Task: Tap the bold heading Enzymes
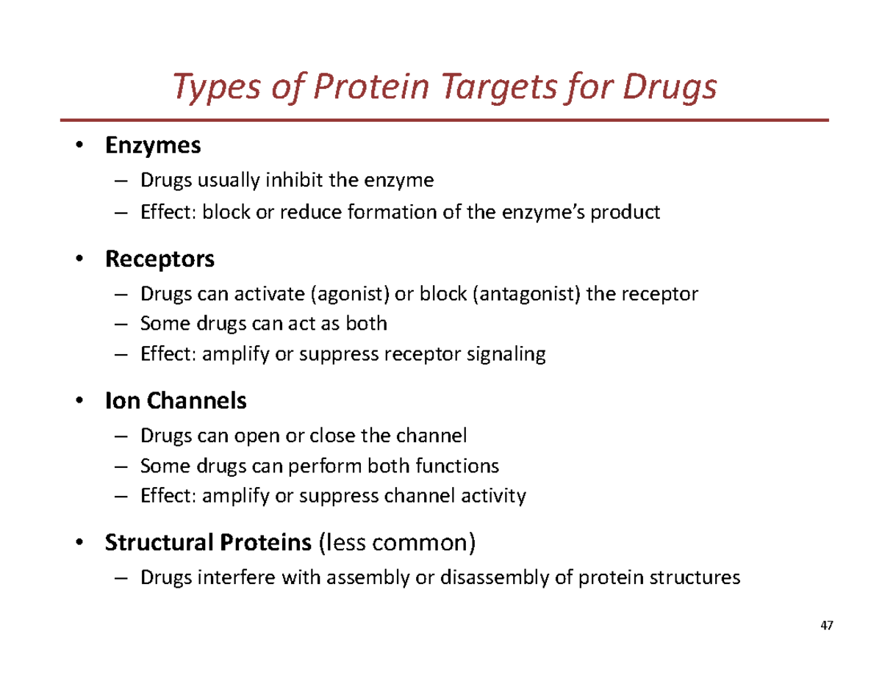coord(153,145)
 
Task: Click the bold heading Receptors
coord(160,259)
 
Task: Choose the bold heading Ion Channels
coord(176,401)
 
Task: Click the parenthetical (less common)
coord(397,544)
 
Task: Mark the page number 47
coord(827,626)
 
